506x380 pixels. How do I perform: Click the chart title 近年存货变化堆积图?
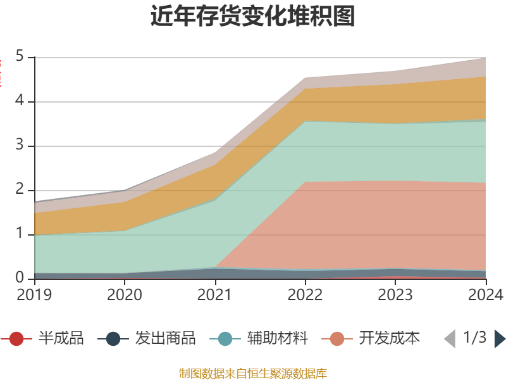[x=253, y=16]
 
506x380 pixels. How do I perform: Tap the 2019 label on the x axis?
[x=35, y=294]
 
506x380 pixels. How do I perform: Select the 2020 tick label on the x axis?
[x=125, y=294]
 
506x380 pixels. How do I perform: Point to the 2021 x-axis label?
[x=214, y=294]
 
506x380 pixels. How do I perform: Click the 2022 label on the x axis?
[x=305, y=294]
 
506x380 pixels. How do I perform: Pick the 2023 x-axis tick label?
[x=395, y=294]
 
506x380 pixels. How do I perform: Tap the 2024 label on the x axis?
[x=485, y=294]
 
